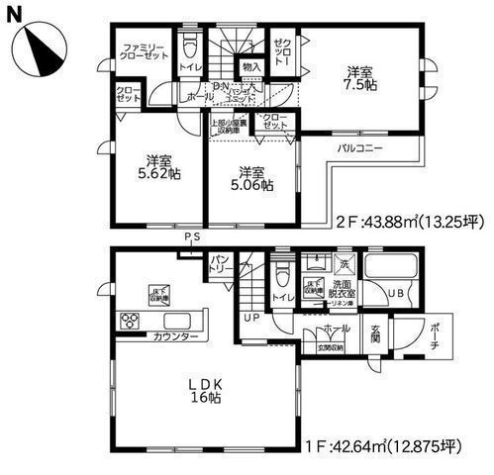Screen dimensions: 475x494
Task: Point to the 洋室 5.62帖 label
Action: (x=157, y=166)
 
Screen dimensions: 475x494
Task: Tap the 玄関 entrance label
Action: (x=377, y=335)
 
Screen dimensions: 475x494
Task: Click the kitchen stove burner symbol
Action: (x=131, y=320)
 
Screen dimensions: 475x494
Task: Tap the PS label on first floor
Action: (x=190, y=237)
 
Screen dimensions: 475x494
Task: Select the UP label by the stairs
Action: (x=252, y=319)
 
